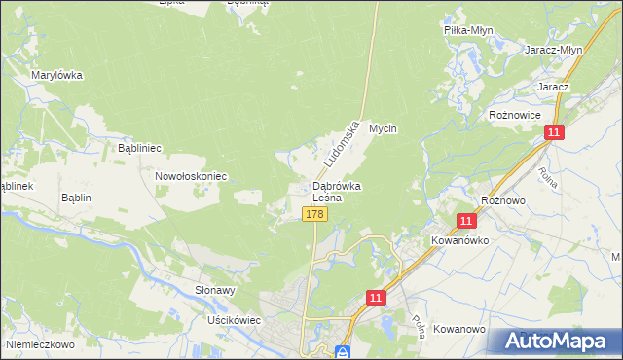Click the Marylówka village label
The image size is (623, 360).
tap(56, 75)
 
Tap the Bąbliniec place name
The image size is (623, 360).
tap(139, 148)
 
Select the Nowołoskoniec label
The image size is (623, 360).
tap(191, 176)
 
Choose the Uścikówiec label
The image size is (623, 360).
tap(231, 319)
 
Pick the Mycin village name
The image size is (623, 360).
tap(384, 128)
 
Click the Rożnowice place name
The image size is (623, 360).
tap(514, 114)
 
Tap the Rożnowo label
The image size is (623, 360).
tap(503, 199)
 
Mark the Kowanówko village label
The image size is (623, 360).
tap(459, 238)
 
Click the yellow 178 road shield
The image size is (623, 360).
tap(313, 214)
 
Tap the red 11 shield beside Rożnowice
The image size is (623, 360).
tap(554, 133)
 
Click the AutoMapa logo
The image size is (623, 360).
tap(554, 341)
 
